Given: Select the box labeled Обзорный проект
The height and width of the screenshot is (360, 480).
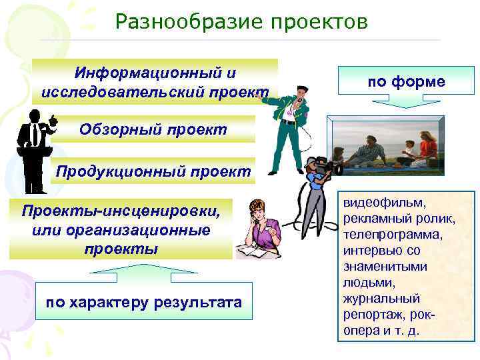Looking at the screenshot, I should (x=153, y=129).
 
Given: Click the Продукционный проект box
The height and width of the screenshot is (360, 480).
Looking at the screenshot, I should (x=153, y=171).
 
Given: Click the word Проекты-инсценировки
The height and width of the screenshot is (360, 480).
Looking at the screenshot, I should (x=120, y=211).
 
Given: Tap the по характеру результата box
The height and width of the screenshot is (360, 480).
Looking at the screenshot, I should (x=144, y=303).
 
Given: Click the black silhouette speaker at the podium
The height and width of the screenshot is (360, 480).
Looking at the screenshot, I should (x=33, y=150).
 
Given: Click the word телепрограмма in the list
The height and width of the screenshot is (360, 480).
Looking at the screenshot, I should (x=387, y=235).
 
